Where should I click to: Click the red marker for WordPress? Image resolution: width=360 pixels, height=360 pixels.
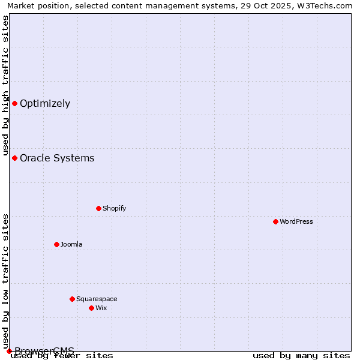[x=275, y=221]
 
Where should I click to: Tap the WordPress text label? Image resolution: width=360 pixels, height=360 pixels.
[x=296, y=221]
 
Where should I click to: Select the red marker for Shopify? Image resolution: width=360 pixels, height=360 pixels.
[x=98, y=208]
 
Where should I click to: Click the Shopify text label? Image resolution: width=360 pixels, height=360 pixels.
[x=114, y=208]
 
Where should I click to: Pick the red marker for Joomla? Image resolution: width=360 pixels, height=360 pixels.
[x=56, y=244]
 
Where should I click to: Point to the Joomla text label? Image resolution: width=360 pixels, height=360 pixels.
[x=71, y=244]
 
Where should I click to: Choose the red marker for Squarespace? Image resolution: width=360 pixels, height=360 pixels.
[x=72, y=299]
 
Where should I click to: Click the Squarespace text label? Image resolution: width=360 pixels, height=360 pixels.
[x=97, y=299]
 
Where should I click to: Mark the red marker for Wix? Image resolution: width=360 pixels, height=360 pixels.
[x=91, y=308]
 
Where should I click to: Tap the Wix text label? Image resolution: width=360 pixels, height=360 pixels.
[x=101, y=308]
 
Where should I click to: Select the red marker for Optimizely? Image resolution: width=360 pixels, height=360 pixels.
[x=14, y=103]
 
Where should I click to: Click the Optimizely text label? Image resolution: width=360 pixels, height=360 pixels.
[x=45, y=103]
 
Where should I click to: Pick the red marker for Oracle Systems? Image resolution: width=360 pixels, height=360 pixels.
[x=14, y=158]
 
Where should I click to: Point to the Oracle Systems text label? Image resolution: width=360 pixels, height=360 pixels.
[x=57, y=158]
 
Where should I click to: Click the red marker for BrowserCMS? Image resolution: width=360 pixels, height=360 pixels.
[x=9, y=351]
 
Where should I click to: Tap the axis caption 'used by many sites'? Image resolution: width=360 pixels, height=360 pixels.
[x=301, y=356]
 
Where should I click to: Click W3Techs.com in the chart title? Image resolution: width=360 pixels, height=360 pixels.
[x=326, y=6]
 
